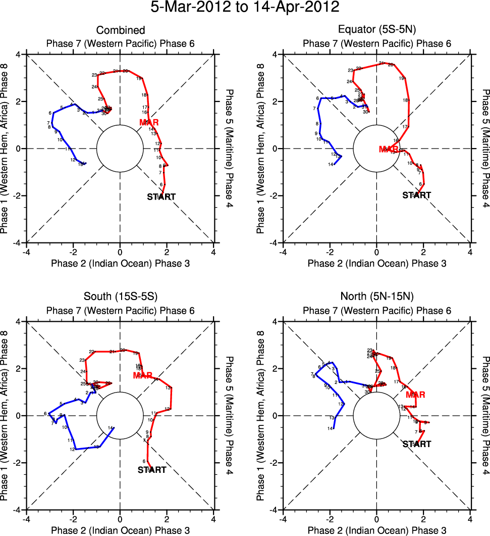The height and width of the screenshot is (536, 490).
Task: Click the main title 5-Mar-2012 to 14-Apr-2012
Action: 245,8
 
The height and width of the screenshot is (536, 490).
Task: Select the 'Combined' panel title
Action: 120,31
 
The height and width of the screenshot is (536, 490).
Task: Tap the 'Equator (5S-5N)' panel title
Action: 377,31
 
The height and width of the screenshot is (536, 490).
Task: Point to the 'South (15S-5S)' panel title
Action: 120,298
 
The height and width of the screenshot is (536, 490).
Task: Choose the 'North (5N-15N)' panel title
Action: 377,298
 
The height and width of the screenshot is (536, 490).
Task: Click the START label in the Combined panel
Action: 161,197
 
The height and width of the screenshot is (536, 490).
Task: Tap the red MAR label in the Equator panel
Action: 389,149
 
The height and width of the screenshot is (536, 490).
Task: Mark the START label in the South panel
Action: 152,470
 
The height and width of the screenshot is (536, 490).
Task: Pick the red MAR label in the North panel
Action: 415,395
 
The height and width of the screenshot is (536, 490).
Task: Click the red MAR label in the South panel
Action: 143,376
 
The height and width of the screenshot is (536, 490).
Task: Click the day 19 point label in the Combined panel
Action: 138,78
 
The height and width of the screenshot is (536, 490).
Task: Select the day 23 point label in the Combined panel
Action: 94,75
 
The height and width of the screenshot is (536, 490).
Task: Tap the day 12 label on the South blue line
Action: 72,449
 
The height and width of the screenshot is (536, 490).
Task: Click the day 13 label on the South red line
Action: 168,388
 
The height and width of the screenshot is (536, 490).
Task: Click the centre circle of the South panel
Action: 120,416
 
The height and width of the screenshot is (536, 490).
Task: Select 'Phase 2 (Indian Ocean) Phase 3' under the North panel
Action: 377,530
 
